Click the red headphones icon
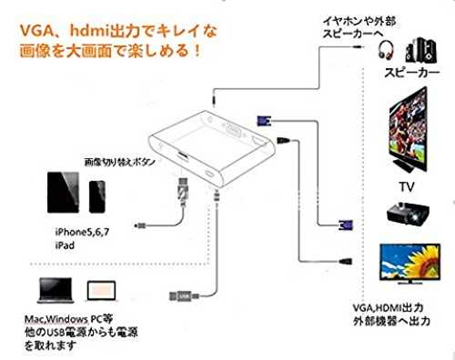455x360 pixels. point(386,50)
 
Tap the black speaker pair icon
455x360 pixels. point(421,50)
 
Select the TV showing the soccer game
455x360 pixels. point(409,130)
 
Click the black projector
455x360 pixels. point(408,214)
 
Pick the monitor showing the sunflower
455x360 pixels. point(409,264)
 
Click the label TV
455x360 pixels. point(407,186)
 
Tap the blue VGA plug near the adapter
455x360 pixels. point(264,121)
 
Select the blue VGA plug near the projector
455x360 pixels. point(346,225)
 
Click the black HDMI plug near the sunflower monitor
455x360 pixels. point(345,261)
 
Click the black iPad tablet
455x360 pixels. point(63,193)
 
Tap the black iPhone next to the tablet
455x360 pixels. point(97,196)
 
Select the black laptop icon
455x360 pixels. point(56,290)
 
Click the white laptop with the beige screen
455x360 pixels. point(101,291)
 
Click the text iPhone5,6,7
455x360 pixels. point(82,232)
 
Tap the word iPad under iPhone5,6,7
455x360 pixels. point(65,245)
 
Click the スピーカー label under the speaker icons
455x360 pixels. point(411,73)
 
